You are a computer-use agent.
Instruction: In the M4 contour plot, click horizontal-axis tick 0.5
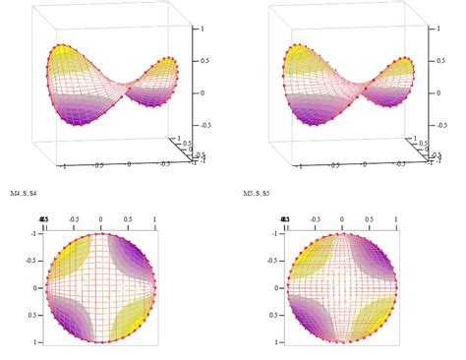click(x=129, y=219)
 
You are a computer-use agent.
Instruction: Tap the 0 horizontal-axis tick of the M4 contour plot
click(x=101, y=219)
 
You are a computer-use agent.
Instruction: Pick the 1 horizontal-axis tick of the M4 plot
click(x=155, y=219)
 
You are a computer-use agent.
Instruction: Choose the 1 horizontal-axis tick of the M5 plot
click(x=396, y=219)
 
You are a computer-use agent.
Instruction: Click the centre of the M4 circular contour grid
click(x=101, y=288)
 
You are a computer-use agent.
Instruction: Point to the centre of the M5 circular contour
click(x=342, y=288)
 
